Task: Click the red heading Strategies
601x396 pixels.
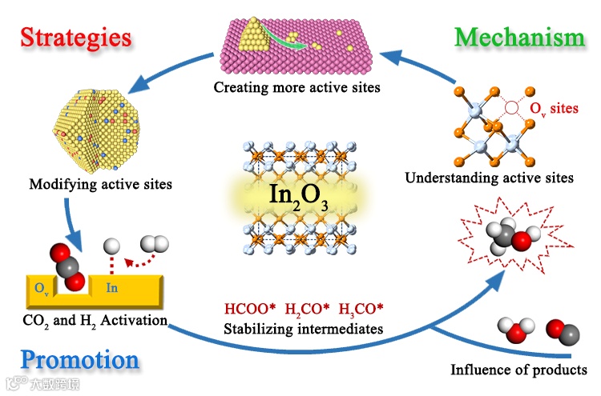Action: (x=75, y=38)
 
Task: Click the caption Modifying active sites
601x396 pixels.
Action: (x=100, y=185)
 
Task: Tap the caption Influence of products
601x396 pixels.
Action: (x=518, y=370)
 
